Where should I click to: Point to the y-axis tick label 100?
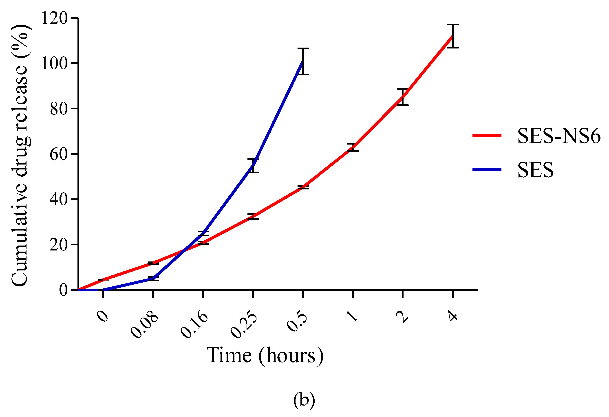coord(55,64)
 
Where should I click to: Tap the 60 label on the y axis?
coord(59,154)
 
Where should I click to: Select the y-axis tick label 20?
coord(59,245)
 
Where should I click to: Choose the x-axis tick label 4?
coord(453,316)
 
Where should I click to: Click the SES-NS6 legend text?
coord(559,136)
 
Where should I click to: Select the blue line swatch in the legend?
coord(487,170)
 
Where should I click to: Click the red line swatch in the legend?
coord(487,135)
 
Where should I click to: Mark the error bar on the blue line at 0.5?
coord(303,61)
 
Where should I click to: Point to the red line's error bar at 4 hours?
coord(453,36)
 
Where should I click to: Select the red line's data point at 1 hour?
coord(353,147)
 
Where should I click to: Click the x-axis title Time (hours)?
coord(265,356)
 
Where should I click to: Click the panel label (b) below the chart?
coord(304,400)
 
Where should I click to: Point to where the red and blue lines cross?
coord(184,251)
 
